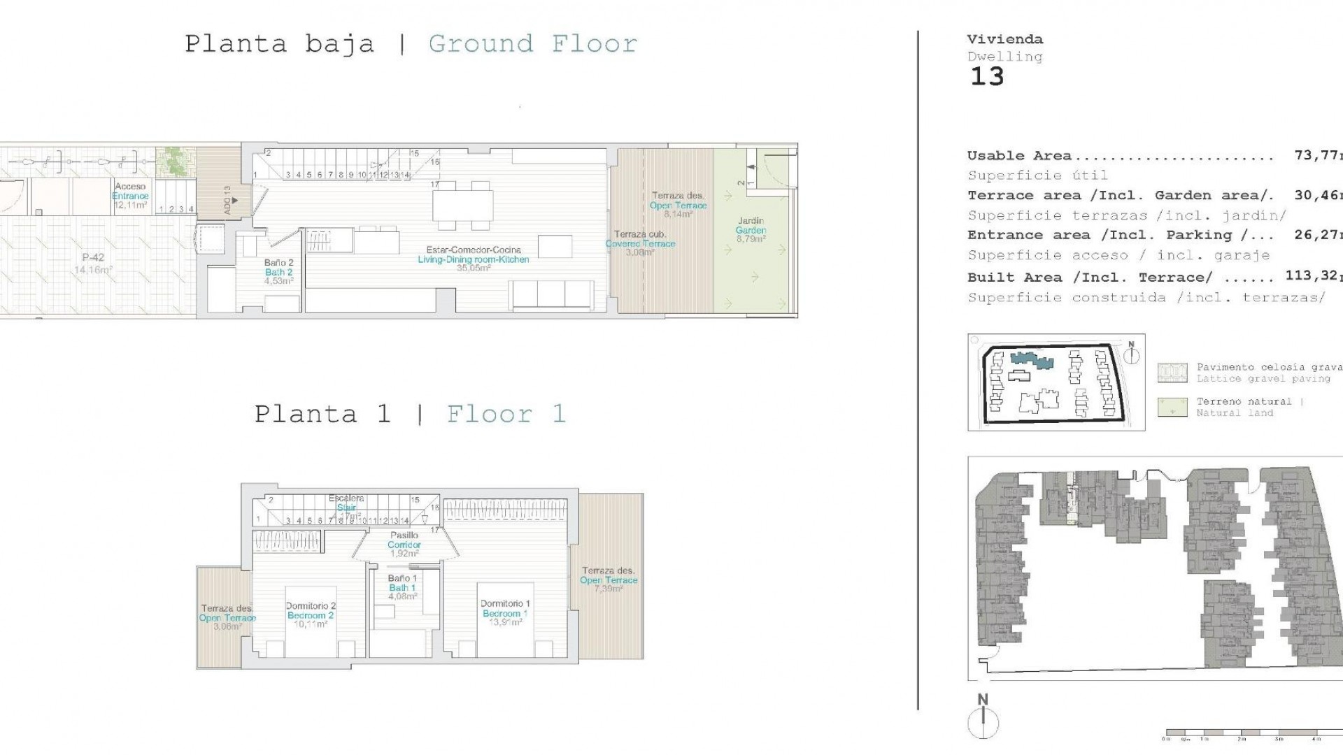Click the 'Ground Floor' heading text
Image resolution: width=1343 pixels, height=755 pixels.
click(x=533, y=44)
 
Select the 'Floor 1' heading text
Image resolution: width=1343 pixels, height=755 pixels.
click(x=506, y=414)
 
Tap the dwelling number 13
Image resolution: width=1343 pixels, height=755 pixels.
click(x=987, y=76)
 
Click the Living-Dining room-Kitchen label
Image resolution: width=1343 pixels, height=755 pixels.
click(x=474, y=259)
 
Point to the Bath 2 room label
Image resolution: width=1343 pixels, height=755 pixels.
click(x=278, y=272)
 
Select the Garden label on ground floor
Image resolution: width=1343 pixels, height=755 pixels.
click(x=751, y=230)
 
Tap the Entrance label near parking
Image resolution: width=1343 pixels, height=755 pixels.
click(x=130, y=196)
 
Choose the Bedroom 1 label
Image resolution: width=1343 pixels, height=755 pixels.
click(x=505, y=613)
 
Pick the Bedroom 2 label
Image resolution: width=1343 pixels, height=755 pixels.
click(x=311, y=615)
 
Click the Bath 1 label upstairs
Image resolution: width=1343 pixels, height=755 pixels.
click(x=402, y=587)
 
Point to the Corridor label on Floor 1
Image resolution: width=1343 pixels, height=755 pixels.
click(x=404, y=545)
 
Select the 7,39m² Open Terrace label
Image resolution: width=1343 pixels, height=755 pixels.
click(x=609, y=580)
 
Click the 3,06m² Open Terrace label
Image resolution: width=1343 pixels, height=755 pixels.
click(x=227, y=617)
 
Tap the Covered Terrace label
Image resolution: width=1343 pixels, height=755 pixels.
click(x=640, y=243)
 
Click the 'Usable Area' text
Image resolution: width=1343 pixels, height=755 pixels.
click(x=1018, y=156)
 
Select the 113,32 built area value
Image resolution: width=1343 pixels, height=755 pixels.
click(x=1309, y=276)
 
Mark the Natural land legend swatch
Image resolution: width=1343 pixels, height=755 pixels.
click(x=1172, y=408)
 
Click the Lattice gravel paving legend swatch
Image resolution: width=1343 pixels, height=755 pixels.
click(x=1172, y=373)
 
